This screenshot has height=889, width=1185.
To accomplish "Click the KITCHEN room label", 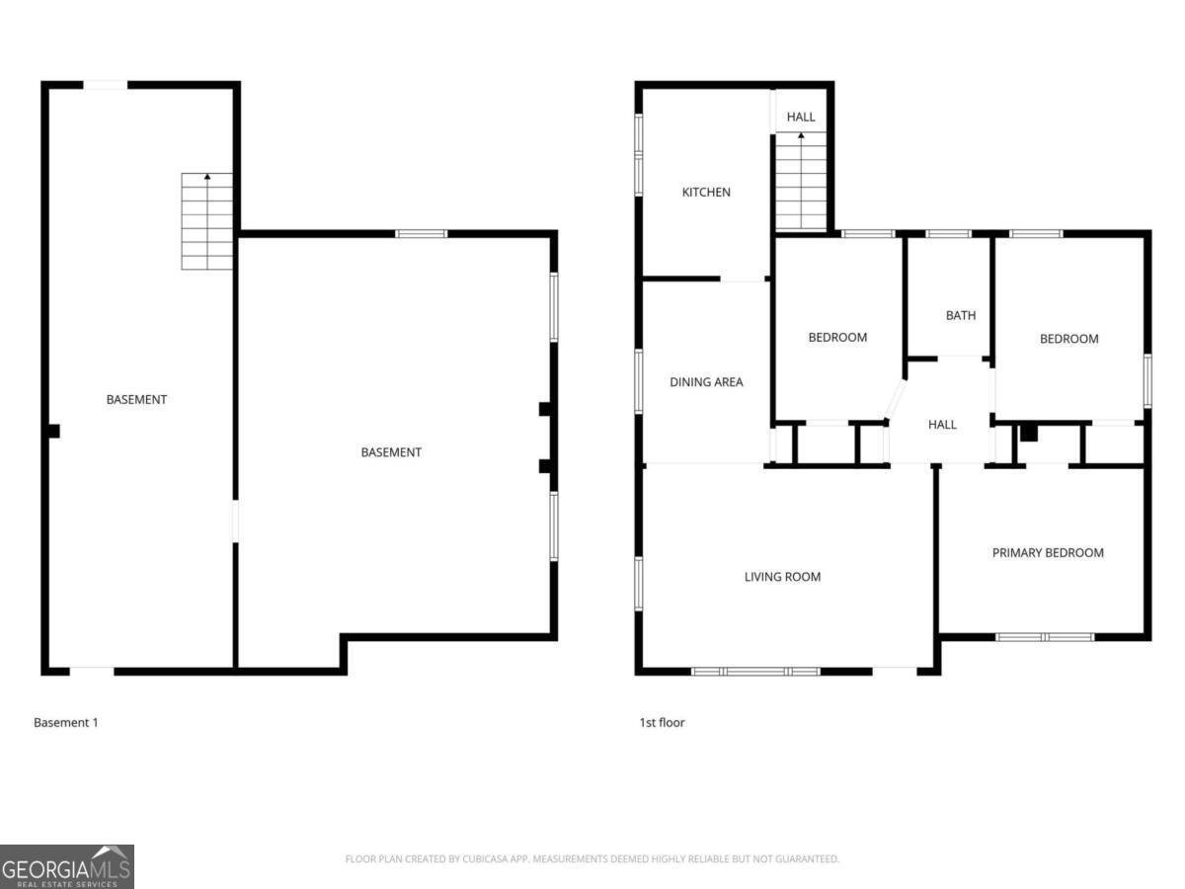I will click(x=706, y=192).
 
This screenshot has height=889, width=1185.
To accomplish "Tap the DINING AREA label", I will click(x=706, y=382).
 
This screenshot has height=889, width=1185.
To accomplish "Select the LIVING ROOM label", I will click(x=782, y=577).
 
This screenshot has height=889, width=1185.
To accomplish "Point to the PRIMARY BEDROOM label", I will click(x=1048, y=553).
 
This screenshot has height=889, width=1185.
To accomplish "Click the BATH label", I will click(x=960, y=316).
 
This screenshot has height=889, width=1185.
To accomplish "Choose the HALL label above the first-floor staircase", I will click(x=801, y=117).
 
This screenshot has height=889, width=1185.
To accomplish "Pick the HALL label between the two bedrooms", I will click(x=942, y=425).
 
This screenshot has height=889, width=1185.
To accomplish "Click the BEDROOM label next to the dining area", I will click(x=837, y=338).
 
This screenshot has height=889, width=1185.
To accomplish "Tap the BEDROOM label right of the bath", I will click(x=1068, y=339).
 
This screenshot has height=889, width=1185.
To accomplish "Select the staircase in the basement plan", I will click(x=207, y=221).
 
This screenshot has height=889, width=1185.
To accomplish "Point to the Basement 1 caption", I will click(x=66, y=723).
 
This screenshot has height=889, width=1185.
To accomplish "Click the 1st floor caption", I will click(x=662, y=723).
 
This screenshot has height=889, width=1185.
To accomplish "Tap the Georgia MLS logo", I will click(x=67, y=866).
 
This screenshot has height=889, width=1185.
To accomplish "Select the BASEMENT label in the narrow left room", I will click(x=136, y=400).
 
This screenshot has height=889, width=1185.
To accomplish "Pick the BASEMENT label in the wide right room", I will click(x=391, y=452).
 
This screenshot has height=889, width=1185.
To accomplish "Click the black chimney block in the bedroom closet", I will click(x=1028, y=432).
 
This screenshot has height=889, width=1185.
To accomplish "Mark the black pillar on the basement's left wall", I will click(x=53, y=431).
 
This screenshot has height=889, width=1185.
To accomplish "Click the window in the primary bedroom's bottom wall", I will click(x=1045, y=637).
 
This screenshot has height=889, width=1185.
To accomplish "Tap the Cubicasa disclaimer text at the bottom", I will click(x=592, y=859).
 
